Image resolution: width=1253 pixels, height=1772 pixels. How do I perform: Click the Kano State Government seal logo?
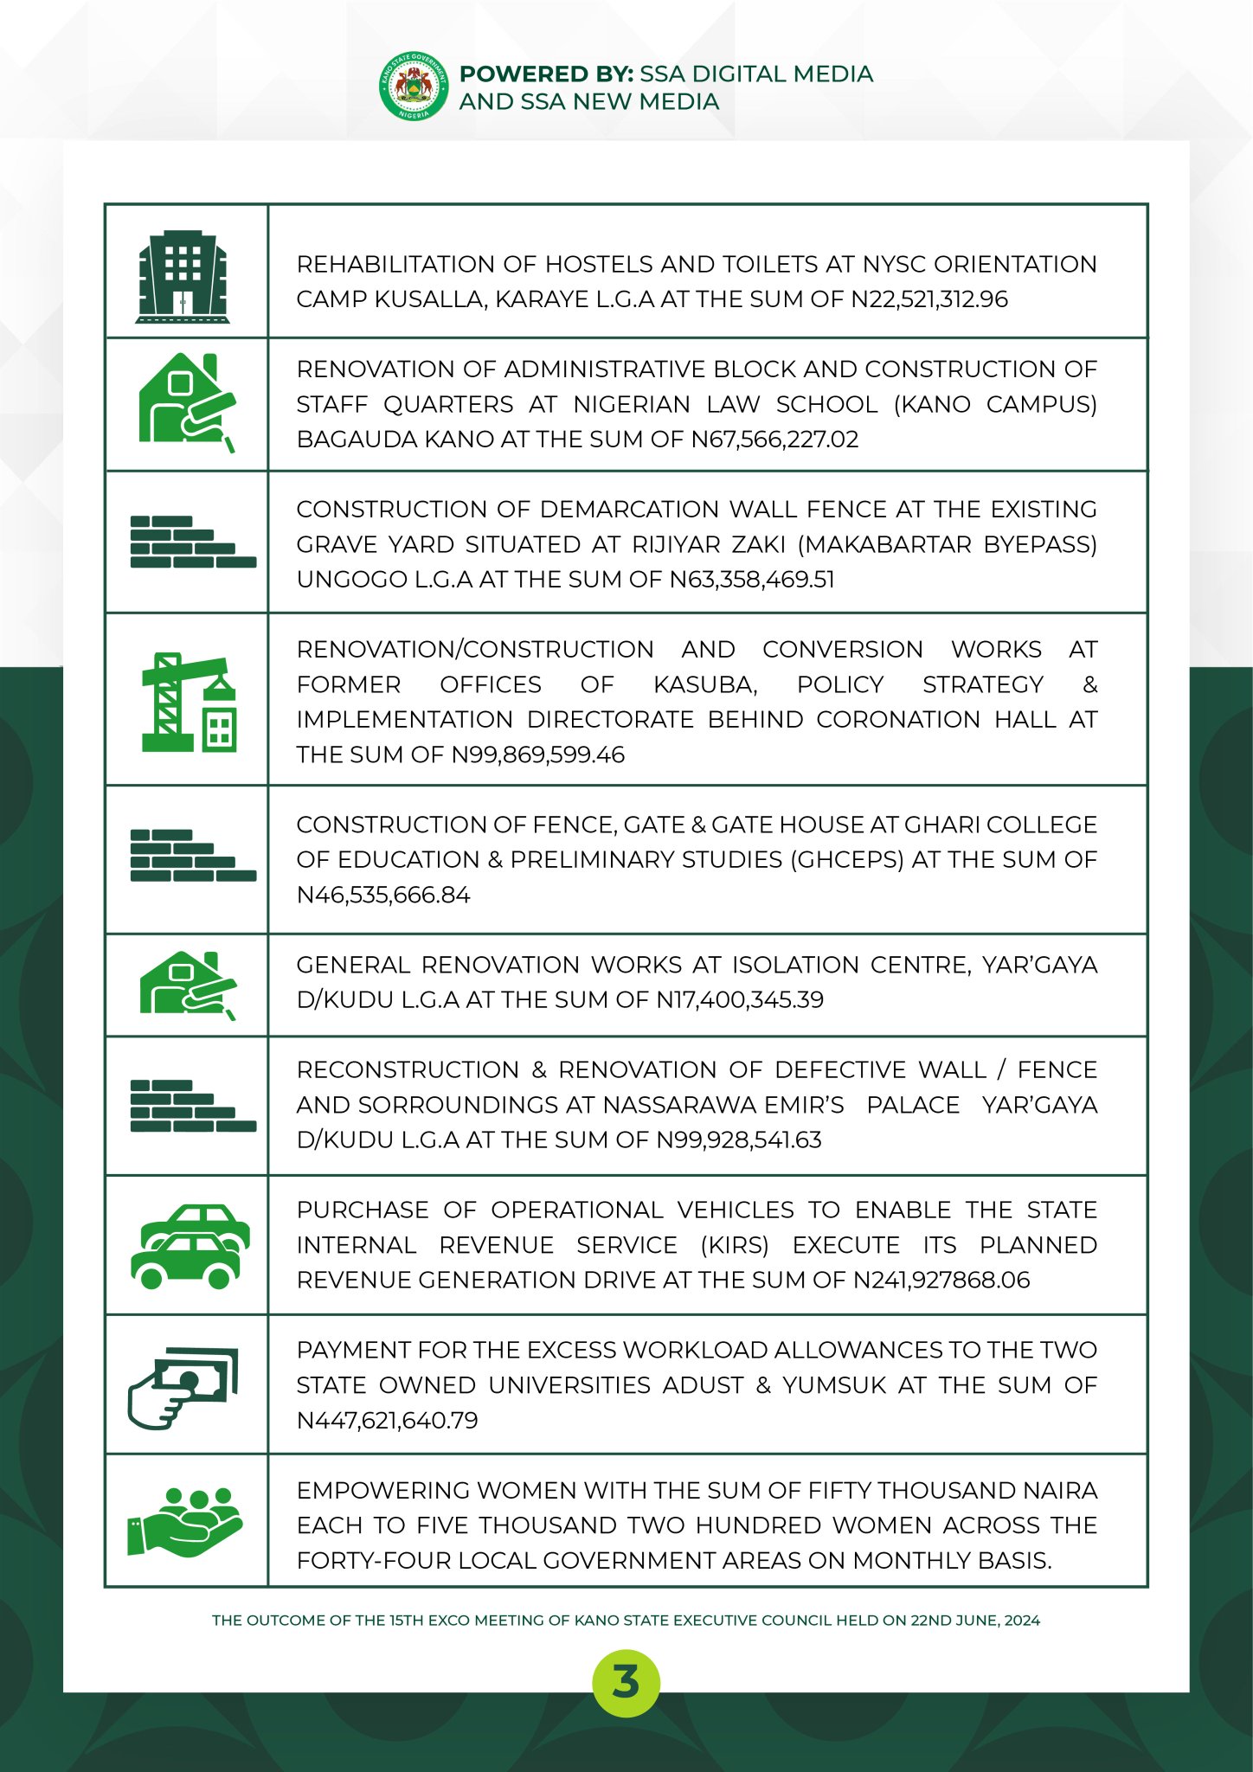pos(414,87)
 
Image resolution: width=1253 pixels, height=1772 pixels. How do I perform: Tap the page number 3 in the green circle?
pos(626,1683)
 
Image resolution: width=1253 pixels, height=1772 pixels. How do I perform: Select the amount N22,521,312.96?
pos(929,299)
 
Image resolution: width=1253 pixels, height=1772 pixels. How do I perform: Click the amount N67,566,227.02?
pos(774,440)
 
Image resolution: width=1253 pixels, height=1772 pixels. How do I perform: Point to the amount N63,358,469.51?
pos(752,580)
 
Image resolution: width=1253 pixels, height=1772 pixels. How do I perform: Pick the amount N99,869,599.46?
pos(537,755)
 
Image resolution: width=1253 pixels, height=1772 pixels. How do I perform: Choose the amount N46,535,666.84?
pos(383,896)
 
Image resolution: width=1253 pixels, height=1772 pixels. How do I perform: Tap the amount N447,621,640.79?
pos(387,1421)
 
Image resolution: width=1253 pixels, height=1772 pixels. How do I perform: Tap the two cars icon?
pos(189,1246)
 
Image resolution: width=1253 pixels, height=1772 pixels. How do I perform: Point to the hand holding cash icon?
pos(183,1387)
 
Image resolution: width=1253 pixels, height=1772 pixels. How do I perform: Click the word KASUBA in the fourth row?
pos(705,685)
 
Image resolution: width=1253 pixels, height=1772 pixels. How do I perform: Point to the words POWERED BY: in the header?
pos(547,74)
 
